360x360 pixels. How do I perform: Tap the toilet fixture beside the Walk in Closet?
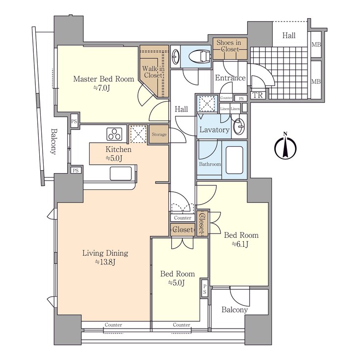click(197, 56)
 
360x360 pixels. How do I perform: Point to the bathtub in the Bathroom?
click(234, 162)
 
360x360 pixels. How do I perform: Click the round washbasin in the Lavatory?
click(239, 127)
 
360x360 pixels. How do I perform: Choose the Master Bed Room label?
click(103, 78)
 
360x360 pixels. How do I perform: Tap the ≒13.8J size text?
click(104, 262)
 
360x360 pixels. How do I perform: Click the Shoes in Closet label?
click(228, 46)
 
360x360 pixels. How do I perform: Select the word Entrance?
click(230, 78)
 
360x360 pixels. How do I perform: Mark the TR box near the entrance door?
click(257, 96)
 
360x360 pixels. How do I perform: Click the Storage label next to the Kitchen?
click(159, 134)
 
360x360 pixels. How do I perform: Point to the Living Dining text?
click(105, 253)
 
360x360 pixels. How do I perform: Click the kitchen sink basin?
click(121, 173)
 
